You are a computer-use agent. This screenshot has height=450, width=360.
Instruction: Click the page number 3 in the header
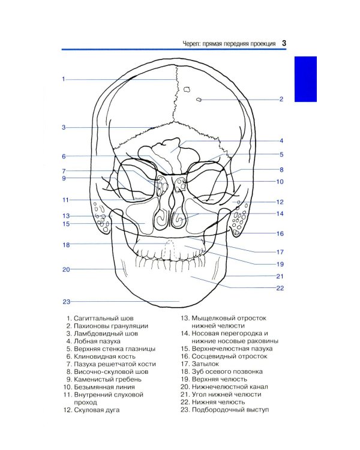click(x=284, y=43)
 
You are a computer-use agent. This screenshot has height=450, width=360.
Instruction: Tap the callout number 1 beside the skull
click(x=64, y=79)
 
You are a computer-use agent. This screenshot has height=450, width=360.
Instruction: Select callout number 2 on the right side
click(x=281, y=99)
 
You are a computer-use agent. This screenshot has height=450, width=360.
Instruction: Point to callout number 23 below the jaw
click(x=67, y=302)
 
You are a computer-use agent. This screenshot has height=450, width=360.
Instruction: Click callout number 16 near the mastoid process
click(x=280, y=233)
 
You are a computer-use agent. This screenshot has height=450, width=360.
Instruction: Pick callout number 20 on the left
click(x=66, y=269)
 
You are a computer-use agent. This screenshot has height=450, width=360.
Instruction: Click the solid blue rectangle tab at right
click(x=305, y=79)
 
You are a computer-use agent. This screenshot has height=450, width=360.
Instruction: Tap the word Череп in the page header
click(x=191, y=44)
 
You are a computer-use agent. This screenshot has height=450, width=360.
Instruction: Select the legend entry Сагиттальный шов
click(x=104, y=318)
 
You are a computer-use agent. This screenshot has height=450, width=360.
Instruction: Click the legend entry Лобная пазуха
click(x=97, y=341)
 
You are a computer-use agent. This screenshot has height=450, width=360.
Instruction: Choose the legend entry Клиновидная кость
click(x=104, y=356)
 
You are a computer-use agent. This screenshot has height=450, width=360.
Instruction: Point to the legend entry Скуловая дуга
click(x=97, y=410)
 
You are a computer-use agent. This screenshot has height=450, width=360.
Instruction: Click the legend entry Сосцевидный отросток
click(x=229, y=356)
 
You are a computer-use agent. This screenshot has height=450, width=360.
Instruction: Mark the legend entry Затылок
click(x=205, y=364)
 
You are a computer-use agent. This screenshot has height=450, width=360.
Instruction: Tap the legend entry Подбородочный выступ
click(x=230, y=410)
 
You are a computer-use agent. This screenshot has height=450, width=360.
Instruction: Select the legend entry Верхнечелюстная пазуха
click(x=232, y=349)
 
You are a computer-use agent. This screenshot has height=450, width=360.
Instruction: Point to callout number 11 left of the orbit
click(x=66, y=200)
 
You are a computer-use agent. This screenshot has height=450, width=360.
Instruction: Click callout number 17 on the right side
click(x=280, y=252)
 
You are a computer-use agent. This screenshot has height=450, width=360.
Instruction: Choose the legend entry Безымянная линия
click(x=104, y=387)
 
